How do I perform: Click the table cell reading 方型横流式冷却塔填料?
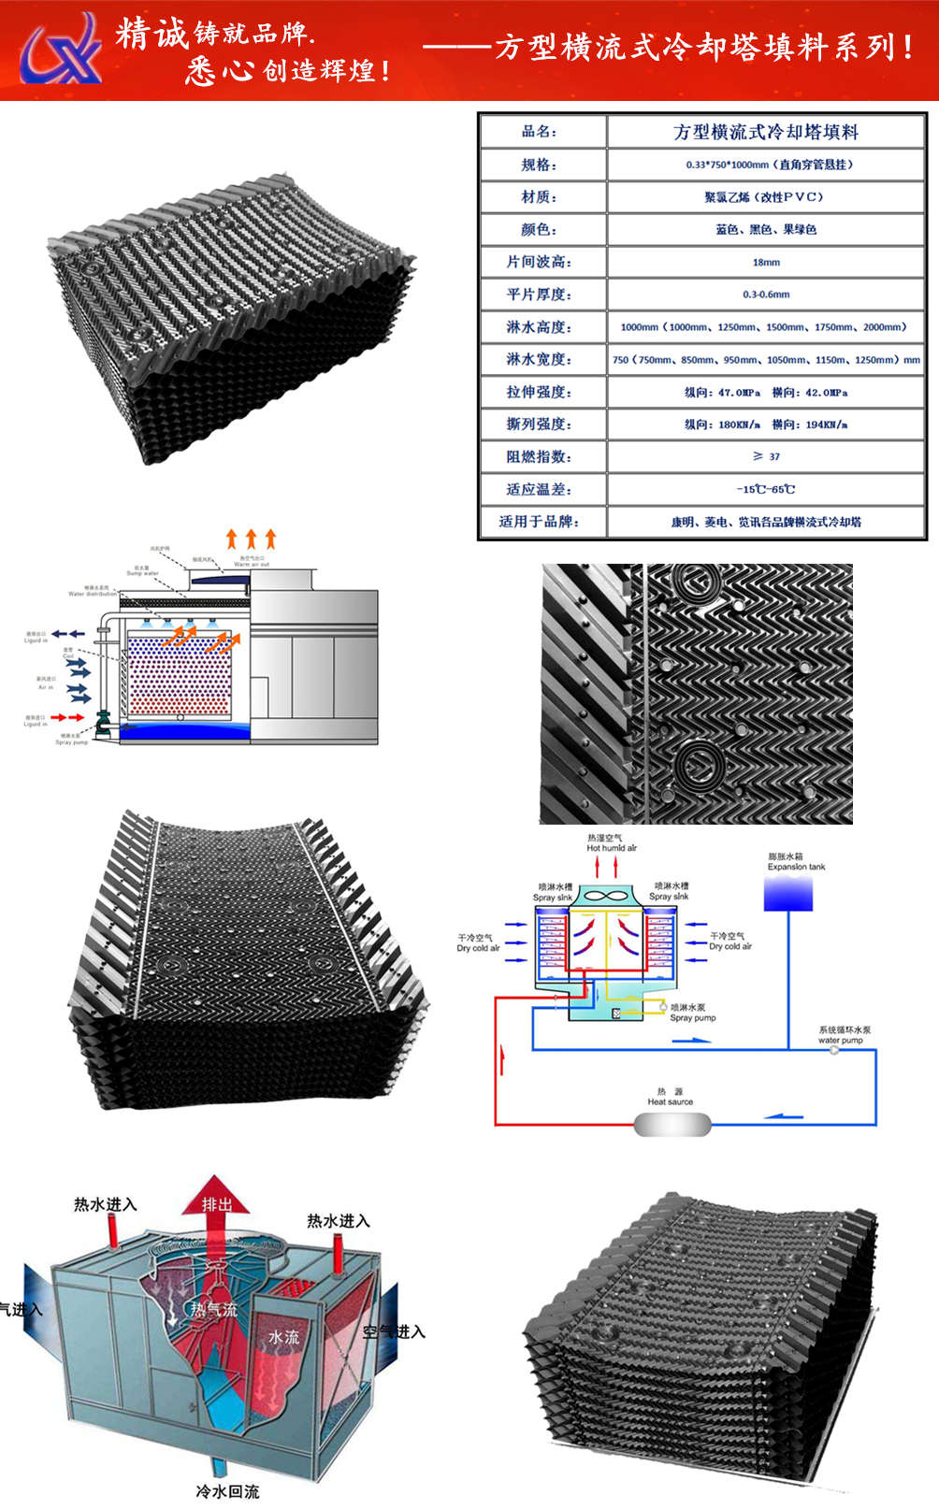tap(765, 132)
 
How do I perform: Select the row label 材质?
tap(539, 197)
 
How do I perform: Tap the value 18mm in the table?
tap(765, 262)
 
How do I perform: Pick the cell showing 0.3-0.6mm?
tap(765, 295)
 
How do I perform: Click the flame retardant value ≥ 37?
tap(765, 456)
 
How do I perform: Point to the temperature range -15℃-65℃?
tap(765, 489)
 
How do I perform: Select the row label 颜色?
tap(539, 230)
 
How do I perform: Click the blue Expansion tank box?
tap(787, 893)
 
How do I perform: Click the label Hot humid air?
tap(612, 848)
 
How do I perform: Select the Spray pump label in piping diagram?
tap(692, 1018)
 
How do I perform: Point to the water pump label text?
tap(840, 1040)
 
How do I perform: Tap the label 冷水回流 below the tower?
tap(227, 1490)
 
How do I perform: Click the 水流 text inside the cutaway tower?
tap(283, 1338)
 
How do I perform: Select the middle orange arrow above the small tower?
tap(251, 539)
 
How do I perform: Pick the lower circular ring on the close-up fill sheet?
tap(697, 765)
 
